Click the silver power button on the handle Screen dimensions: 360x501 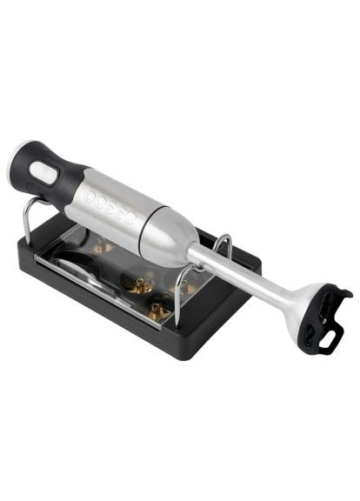tap(44, 173)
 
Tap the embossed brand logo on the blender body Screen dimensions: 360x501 tap(110, 207)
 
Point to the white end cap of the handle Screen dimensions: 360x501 tap(15, 159)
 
